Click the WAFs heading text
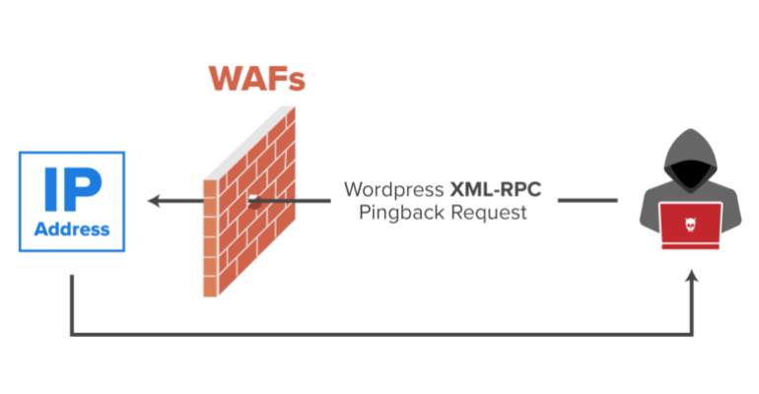257,79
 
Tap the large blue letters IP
73,189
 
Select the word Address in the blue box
72,230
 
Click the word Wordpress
393,190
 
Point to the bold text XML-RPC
496,189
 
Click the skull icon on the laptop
690,225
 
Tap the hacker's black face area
691,175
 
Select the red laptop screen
691,224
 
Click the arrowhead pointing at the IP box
154,200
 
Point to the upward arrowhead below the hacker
692,276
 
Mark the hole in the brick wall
254,201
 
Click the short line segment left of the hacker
587,200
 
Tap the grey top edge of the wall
249,143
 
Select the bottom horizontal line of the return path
381,334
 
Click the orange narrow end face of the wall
210,237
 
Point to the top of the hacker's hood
691,131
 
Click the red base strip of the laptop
691,247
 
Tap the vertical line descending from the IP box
72,304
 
